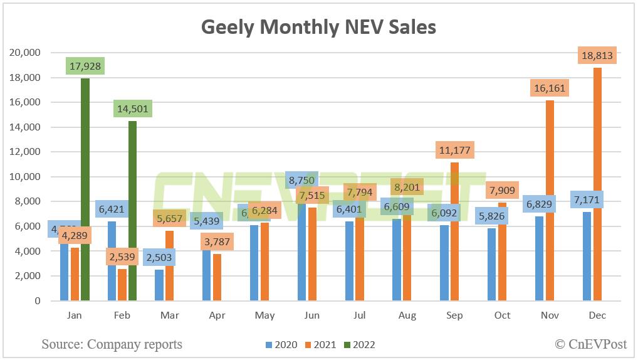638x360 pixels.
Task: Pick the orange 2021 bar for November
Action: [550, 201]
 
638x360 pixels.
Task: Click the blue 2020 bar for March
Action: [159, 285]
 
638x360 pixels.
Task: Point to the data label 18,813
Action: [597, 56]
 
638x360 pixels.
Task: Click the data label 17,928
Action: [85, 65]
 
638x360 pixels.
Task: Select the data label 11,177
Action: [454, 151]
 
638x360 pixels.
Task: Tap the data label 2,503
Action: [159, 257]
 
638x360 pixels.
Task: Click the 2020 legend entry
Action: [283, 344]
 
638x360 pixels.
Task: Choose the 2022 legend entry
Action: [358, 344]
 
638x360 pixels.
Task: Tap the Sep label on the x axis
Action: [454, 315]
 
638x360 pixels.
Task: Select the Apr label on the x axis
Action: [217, 315]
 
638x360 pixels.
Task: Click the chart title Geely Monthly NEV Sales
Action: [318, 27]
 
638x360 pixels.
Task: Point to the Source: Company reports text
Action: [112, 344]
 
